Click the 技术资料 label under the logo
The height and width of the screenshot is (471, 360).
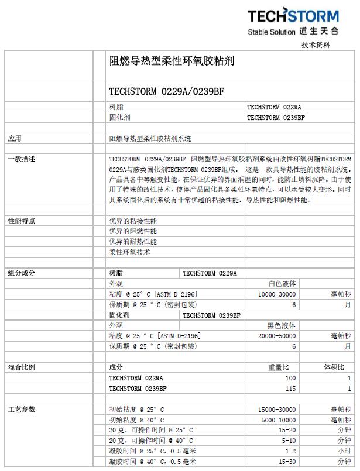point(316,44)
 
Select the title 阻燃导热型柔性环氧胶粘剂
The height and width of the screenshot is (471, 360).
point(172,60)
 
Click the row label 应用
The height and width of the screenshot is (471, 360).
point(15,139)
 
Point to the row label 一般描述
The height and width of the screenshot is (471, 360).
point(21,159)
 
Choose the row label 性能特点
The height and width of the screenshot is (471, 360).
point(21,221)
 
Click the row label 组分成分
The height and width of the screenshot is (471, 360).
point(21,273)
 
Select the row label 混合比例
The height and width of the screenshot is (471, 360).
point(21,367)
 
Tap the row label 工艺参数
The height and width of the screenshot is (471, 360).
point(21,409)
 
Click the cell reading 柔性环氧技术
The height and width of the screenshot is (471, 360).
point(129,252)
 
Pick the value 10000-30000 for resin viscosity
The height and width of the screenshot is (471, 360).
point(277,294)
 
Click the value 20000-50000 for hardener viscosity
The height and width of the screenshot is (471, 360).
point(277,335)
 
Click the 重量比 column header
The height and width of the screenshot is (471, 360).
point(278,367)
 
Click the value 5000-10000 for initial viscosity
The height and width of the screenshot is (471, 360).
point(279,420)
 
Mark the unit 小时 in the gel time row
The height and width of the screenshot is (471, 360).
point(344,451)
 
